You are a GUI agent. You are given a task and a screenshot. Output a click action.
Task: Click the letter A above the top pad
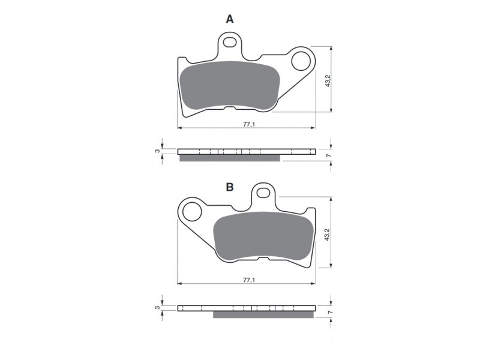230,19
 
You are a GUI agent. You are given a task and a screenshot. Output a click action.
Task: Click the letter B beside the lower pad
230,187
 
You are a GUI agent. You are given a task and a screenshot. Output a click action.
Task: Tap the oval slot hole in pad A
230,42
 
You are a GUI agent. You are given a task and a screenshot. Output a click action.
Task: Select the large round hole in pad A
301,61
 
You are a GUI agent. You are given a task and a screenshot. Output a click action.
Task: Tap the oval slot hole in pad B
263,193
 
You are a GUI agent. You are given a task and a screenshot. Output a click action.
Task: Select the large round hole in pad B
192,212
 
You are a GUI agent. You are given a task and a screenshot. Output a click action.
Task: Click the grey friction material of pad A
230,85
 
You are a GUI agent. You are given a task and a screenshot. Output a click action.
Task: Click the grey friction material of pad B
263,236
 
